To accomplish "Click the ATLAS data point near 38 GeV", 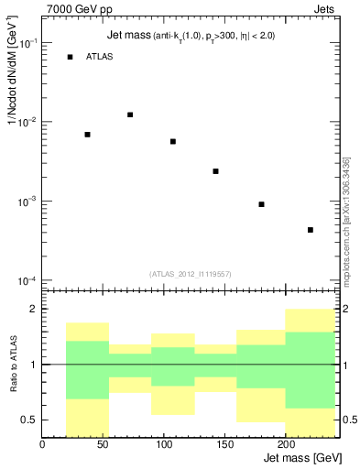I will (87, 135).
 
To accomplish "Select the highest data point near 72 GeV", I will (130, 115).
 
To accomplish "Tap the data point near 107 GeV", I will (172, 141).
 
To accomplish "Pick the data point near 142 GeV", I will (215, 171).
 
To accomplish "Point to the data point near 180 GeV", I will (261, 204).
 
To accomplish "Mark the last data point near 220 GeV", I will (311, 230).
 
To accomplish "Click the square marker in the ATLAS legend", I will (70, 58).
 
